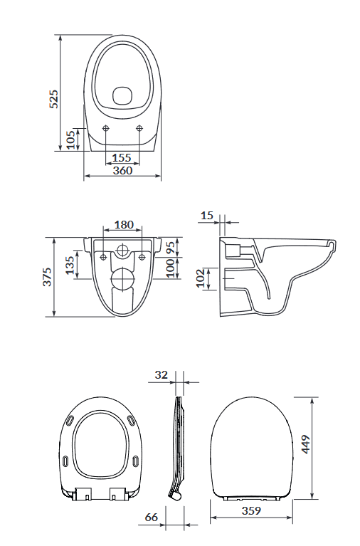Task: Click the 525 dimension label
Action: coord(54,99)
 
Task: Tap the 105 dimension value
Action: coord(70,140)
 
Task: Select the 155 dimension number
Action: coord(122,158)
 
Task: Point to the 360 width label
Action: coord(122,170)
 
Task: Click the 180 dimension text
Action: coord(124,225)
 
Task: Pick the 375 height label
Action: coord(47,276)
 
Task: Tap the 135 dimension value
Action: coord(70,266)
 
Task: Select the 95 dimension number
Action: coord(171,248)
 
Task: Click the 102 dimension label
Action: coord(200,278)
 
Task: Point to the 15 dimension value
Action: coord(207,216)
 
